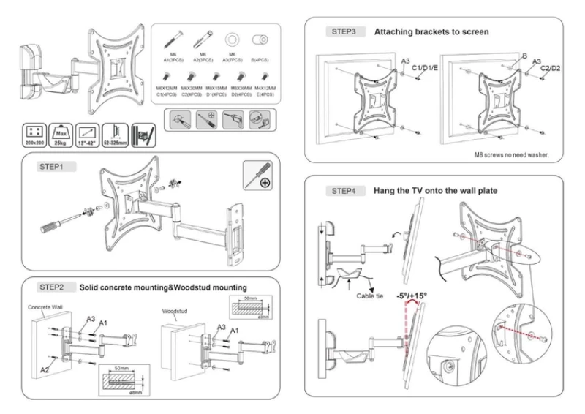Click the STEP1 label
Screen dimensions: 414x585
point(52,166)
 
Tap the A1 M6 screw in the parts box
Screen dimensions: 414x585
point(172,39)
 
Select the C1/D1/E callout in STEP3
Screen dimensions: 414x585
point(426,67)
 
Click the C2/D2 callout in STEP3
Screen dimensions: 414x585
point(548,68)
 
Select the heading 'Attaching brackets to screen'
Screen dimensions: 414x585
point(431,32)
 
